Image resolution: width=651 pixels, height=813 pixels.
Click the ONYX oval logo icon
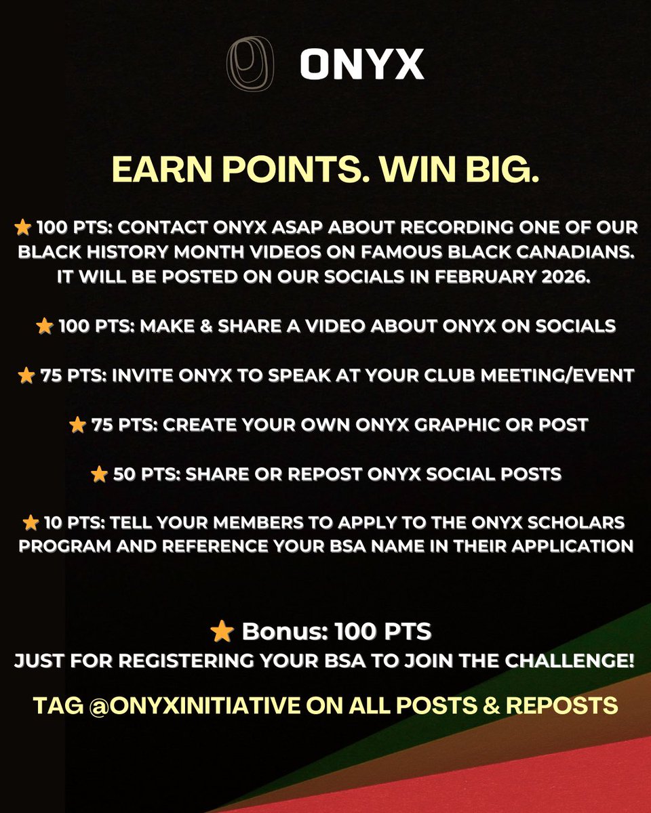(245, 64)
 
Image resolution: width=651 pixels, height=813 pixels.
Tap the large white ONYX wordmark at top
(362, 65)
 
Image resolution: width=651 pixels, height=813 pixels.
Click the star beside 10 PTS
(31, 523)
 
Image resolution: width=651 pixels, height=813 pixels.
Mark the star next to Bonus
(221, 631)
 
